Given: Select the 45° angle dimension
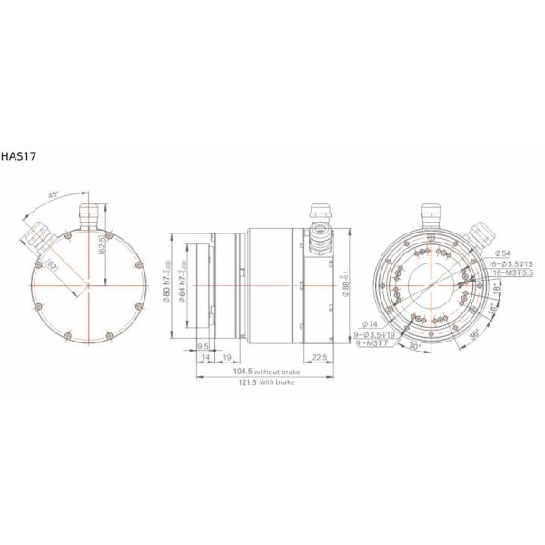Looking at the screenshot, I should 54,195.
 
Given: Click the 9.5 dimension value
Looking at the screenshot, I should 203,346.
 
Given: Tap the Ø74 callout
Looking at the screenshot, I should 370,324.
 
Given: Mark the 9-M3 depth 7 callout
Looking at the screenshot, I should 373,343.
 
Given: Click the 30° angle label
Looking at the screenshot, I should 413,348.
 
